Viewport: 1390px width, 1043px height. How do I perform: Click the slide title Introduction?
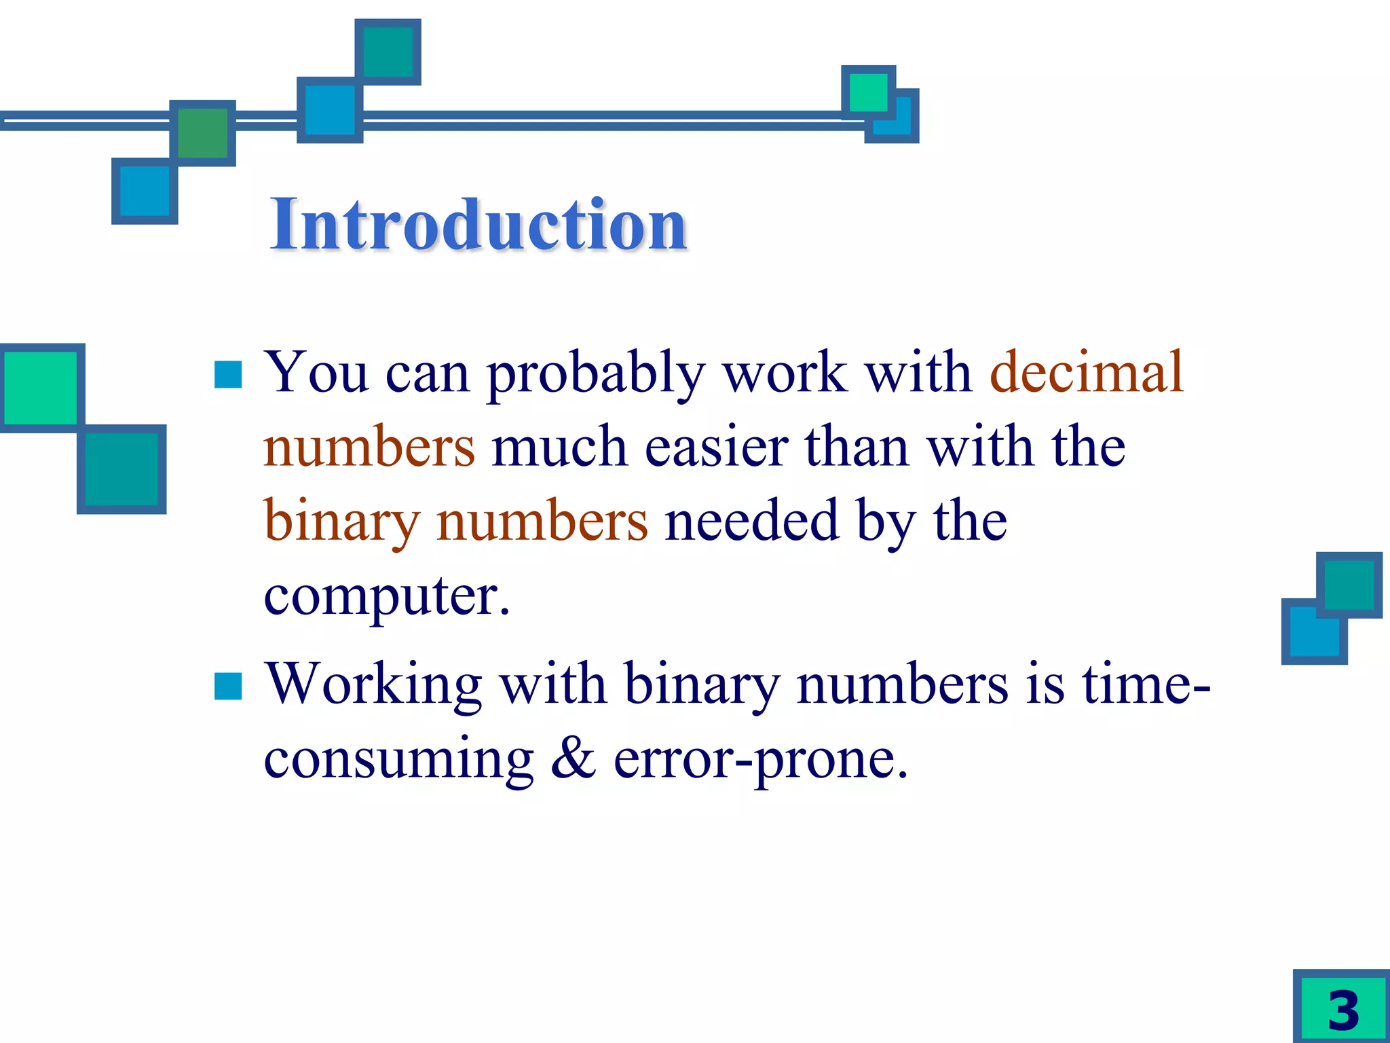478,224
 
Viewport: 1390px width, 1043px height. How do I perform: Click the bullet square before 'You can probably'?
228,374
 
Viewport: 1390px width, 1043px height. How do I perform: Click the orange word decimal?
1087,372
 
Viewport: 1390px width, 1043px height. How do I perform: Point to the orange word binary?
342,521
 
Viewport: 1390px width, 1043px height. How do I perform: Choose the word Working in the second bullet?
373,684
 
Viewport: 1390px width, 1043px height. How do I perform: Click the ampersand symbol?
574,758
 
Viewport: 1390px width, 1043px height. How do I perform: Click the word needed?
751,521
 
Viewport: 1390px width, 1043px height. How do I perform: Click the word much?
559,447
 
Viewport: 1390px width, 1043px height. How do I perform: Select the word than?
857,447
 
